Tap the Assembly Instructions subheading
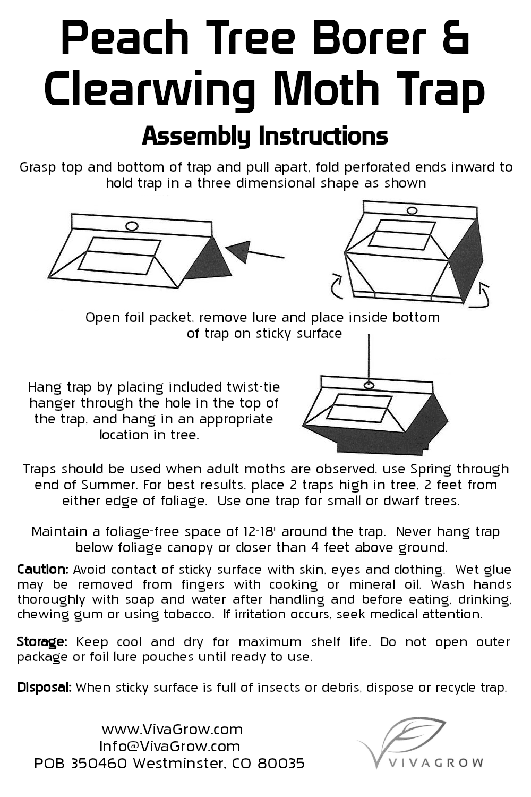(265, 136)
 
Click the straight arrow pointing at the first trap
(255, 251)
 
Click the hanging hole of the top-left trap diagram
(132, 226)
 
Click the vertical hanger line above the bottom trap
(369, 358)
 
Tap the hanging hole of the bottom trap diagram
(369, 385)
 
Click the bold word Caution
(42, 569)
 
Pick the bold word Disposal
(45, 687)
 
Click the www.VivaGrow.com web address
(172, 730)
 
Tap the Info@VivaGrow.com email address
(169, 746)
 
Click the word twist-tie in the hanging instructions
(254, 387)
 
